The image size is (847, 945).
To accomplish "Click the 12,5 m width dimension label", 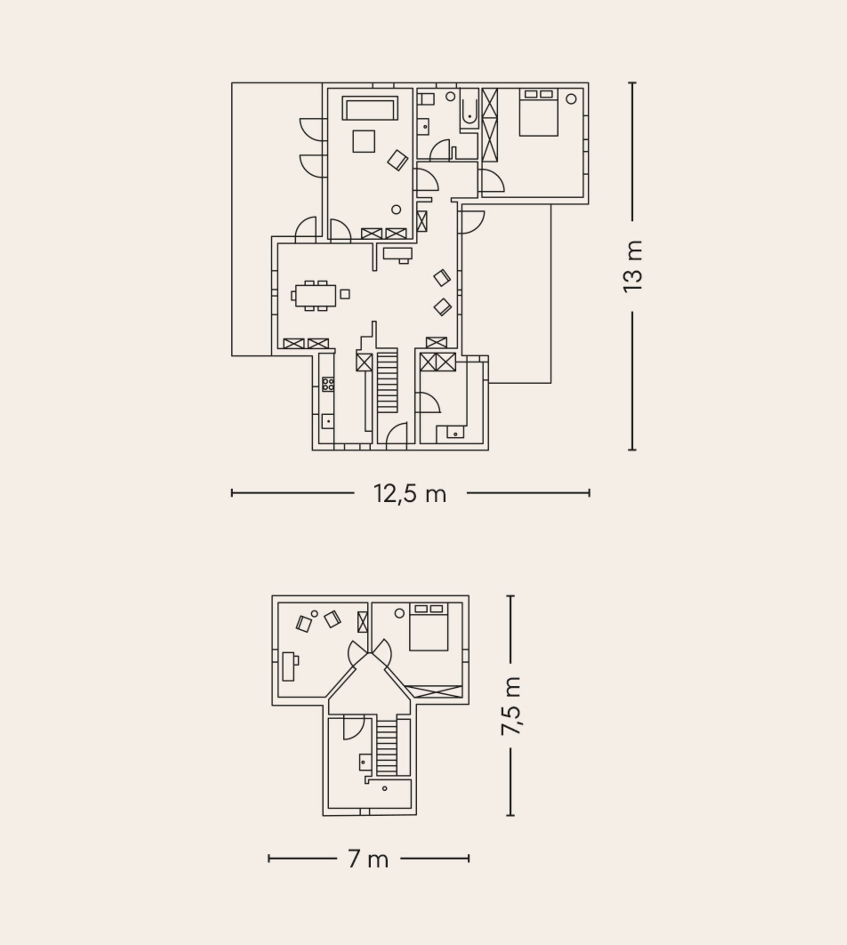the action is [x=409, y=494].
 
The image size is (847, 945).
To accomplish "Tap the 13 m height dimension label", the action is [x=632, y=267].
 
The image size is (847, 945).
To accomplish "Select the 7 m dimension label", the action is [x=368, y=859].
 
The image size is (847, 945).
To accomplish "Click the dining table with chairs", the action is [x=315, y=295].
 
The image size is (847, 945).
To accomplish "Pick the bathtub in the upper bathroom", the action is [x=469, y=107].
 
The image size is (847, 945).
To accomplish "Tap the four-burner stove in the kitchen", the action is [x=328, y=384].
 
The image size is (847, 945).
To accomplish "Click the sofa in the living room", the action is [x=370, y=108].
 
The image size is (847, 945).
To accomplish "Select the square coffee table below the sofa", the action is [x=364, y=141].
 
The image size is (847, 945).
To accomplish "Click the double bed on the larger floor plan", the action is [x=538, y=112].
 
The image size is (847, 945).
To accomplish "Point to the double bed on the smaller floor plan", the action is [x=428, y=626].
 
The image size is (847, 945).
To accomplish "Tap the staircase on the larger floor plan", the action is [x=387, y=380].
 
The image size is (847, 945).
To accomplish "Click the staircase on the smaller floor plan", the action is [x=386, y=747].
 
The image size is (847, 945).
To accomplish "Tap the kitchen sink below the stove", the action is [x=328, y=421].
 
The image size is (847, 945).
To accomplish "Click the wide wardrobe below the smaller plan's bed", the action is [x=433, y=692].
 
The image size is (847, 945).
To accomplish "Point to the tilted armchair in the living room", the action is [x=397, y=160].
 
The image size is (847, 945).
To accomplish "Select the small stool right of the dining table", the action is [x=345, y=294].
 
